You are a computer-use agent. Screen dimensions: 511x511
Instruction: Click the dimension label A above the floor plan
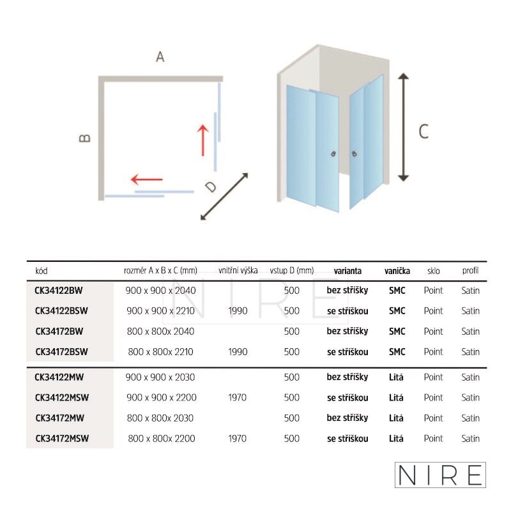point(160,57)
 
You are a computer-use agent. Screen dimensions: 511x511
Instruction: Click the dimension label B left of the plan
point(85,138)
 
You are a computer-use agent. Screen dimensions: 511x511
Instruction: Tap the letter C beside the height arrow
point(423,132)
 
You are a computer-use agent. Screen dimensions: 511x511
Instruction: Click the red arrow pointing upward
point(202,141)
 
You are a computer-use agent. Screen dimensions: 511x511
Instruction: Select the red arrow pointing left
point(147,179)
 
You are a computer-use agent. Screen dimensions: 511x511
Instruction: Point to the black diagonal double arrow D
point(224,197)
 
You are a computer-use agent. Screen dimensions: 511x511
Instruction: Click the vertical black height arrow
point(404,127)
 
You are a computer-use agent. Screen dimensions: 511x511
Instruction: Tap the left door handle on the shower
point(333,154)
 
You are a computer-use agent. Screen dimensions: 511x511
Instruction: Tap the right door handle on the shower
point(355,153)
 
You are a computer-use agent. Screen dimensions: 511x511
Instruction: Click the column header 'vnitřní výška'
point(238,270)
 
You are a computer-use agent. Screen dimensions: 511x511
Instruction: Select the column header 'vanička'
point(397,271)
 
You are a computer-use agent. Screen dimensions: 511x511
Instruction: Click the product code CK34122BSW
point(61,310)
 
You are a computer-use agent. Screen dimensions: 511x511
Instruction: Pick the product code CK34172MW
point(59,418)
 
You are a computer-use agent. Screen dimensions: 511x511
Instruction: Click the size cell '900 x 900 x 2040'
point(161,291)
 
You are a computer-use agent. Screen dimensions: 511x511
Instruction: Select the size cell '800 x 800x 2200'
point(162,438)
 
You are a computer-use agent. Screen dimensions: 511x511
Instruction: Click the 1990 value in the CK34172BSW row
point(238,352)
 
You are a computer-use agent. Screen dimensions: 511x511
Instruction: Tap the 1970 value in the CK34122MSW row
point(237,397)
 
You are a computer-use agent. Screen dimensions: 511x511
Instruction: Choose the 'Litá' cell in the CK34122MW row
point(396,377)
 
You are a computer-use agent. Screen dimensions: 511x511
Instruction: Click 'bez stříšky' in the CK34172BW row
point(347,331)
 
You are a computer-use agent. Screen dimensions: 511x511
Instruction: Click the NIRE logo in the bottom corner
point(440,475)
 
